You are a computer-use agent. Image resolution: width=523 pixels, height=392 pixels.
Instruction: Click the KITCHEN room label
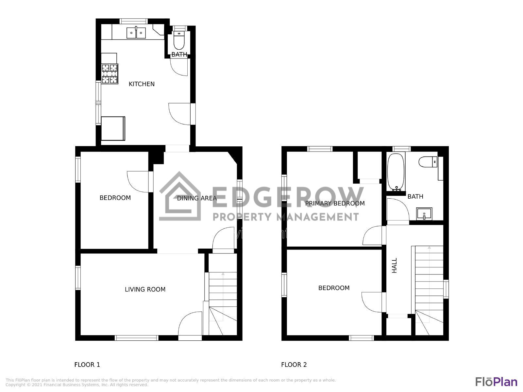[x=142, y=84]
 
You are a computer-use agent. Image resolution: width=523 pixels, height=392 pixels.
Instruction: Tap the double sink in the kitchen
[x=136, y=33]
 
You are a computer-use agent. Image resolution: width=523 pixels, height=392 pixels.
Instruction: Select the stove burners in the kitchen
[x=110, y=74]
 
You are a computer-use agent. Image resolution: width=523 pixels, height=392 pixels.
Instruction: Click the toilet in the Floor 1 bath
[x=179, y=41]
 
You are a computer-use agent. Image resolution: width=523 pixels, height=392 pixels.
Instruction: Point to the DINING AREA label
[x=197, y=198]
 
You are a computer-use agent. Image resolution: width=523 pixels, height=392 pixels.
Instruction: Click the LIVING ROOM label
[x=145, y=289]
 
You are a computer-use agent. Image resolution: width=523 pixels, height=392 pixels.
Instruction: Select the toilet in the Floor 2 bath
[x=428, y=161]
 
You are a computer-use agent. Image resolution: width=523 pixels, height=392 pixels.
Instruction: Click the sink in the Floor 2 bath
[x=424, y=214]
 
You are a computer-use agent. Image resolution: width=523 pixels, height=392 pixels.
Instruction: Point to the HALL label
[x=395, y=265]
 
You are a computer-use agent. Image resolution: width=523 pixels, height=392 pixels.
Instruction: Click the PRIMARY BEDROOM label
[x=335, y=203]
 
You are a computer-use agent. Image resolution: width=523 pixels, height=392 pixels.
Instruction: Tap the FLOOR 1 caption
[x=87, y=365]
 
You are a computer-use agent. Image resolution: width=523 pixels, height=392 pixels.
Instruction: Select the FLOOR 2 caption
[x=294, y=365]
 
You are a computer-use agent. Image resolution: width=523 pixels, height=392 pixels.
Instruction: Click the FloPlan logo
[x=496, y=382]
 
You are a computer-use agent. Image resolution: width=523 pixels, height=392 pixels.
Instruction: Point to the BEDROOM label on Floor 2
[x=334, y=288]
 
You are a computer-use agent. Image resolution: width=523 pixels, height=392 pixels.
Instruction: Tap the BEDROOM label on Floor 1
[x=115, y=198]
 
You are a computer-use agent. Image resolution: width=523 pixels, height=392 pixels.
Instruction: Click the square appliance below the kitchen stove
[x=113, y=128]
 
